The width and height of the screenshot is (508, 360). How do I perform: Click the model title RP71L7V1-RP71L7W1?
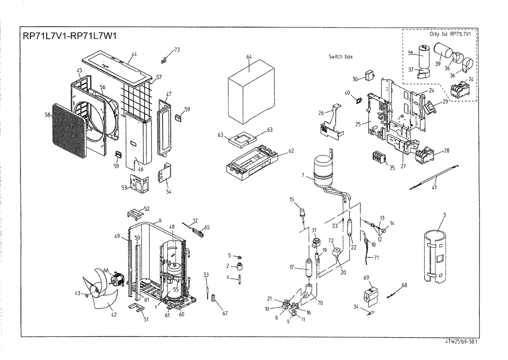click(70, 36)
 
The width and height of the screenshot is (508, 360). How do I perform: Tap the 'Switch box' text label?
click(340, 57)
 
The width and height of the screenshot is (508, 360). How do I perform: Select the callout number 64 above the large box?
click(249, 57)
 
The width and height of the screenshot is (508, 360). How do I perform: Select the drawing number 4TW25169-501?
click(461, 342)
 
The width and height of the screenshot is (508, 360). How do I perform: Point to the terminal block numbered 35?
click(380, 158)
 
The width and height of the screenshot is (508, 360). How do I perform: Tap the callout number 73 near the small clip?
click(177, 49)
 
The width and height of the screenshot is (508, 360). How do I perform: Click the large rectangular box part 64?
click(252, 96)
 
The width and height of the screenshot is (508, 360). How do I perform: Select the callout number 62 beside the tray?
click(291, 151)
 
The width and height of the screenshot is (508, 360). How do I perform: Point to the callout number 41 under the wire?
click(434, 188)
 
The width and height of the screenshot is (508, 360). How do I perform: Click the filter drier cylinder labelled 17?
click(308, 268)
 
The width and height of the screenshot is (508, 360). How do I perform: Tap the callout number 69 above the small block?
click(366, 277)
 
